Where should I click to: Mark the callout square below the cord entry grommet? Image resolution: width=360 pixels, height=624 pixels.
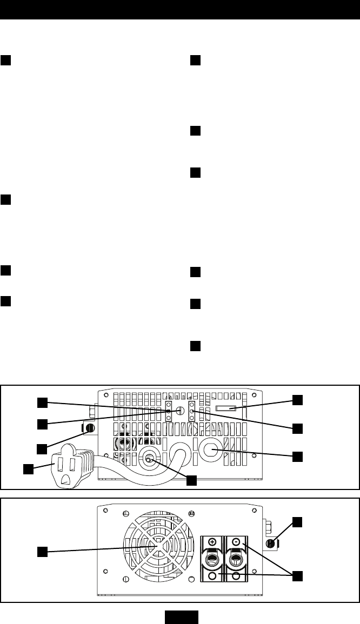tap(191, 479)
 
